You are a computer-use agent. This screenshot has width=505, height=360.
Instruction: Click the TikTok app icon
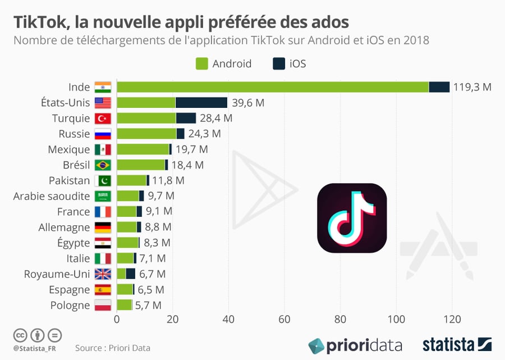click(352, 218)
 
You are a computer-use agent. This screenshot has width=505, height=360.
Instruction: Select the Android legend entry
click(223, 63)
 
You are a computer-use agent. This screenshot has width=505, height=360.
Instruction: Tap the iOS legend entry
click(289, 63)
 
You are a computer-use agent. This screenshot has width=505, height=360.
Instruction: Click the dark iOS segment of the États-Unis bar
click(201, 102)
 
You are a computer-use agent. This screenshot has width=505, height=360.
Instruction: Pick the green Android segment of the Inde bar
click(272, 87)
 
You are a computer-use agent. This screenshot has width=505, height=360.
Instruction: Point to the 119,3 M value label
click(472, 87)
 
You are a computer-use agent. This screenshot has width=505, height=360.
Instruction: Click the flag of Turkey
click(103, 119)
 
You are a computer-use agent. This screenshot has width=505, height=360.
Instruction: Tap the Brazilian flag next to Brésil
click(103, 165)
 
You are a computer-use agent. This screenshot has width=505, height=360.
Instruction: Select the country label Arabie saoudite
click(52, 196)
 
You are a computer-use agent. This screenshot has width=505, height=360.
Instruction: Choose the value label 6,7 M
click(152, 274)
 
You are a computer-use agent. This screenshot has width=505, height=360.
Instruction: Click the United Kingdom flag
click(103, 274)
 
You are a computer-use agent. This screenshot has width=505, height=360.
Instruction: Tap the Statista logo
click(457, 344)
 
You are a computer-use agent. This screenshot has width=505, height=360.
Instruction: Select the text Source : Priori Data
click(113, 348)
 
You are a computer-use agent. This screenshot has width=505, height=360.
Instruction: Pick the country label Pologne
click(69, 305)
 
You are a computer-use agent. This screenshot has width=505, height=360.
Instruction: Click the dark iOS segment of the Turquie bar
click(186, 118)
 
